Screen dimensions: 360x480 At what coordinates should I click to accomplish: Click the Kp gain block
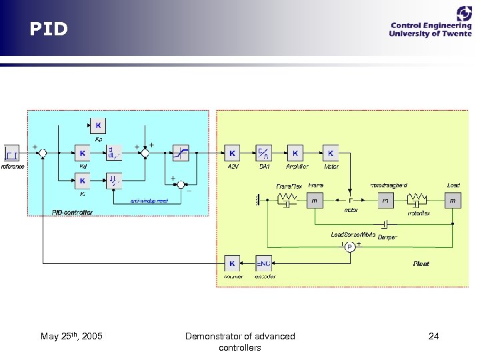pyautogui.click(x=98, y=125)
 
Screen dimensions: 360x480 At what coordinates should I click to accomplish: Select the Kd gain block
pyautogui.click(x=83, y=153)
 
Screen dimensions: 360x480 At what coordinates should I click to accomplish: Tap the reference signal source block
pyautogui.click(x=11, y=153)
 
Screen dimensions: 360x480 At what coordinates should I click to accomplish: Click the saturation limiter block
pyautogui.click(x=181, y=153)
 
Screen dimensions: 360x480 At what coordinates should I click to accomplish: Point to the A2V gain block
pyautogui.click(x=232, y=153)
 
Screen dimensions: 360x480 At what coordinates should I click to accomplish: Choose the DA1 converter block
pyautogui.click(x=264, y=153)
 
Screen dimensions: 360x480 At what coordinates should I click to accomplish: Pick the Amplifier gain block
pyautogui.click(x=296, y=153)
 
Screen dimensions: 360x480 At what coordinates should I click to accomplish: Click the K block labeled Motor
pyautogui.click(x=331, y=153)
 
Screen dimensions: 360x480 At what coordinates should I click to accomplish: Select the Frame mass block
pyautogui.click(x=315, y=199)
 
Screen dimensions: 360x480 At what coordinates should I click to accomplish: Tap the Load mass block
pyautogui.click(x=453, y=199)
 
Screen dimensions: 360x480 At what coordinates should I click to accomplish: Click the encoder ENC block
pyautogui.click(x=264, y=263)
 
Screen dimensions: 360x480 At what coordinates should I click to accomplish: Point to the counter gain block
pyautogui.click(x=232, y=263)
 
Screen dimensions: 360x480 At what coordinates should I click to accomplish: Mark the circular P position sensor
pyautogui.click(x=349, y=247)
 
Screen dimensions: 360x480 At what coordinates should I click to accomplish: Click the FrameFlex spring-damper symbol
pyautogui.click(x=288, y=199)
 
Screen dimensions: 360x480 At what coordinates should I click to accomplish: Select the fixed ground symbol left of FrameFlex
pyautogui.click(x=258, y=199)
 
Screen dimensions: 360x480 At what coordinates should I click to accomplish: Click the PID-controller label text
pyautogui.click(x=72, y=212)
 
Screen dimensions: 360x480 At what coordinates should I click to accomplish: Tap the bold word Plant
pyautogui.click(x=421, y=264)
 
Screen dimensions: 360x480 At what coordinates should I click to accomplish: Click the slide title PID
pyautogui.click(x=48, y=29)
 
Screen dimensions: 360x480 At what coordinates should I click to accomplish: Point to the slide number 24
pyautogui.click(x=433, y=336)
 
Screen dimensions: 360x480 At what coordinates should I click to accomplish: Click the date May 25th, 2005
pyautogui.click(x=71, y=336)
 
